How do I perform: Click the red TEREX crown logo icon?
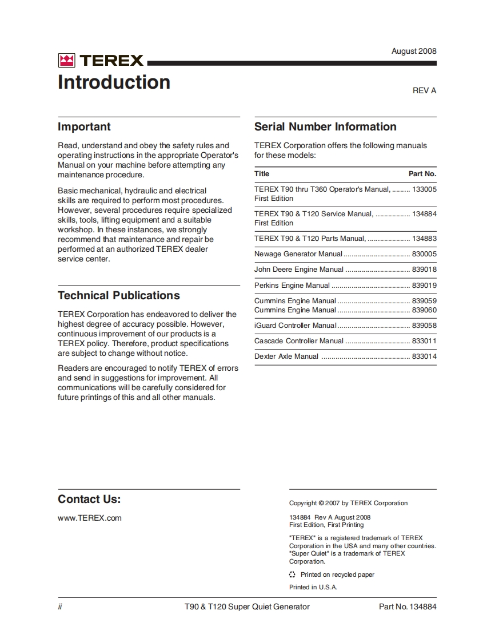click(x=66, y=61)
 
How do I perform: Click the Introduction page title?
click(x=114, y=82)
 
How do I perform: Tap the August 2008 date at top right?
click(x=413, y=51)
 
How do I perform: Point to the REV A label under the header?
click(x=424, y=90)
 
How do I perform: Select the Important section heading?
click(x=84, y=127)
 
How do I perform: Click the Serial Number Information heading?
click(x=325, y=127)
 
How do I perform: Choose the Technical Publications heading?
click(x=118, y=296)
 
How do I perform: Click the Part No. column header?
click(x=422, y=174)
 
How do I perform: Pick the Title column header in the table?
click(x=262, y=174)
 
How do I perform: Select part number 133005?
click(x=424, y=189)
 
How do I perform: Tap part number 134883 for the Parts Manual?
click(x=424, y=239)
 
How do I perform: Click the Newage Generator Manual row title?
click(x=298, y=254)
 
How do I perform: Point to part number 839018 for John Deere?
click(x=424, y=270)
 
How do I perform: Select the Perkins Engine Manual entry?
click(x=292, y=286)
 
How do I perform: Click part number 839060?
click(x=424, y=310)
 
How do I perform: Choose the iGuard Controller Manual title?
click(x=295, y=326)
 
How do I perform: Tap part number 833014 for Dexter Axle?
click(x=424, y=356)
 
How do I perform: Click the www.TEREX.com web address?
click(x=89, y=518)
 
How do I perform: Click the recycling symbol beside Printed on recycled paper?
click(x=292, y=574)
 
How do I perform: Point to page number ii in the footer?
click(x=60, y=607)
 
